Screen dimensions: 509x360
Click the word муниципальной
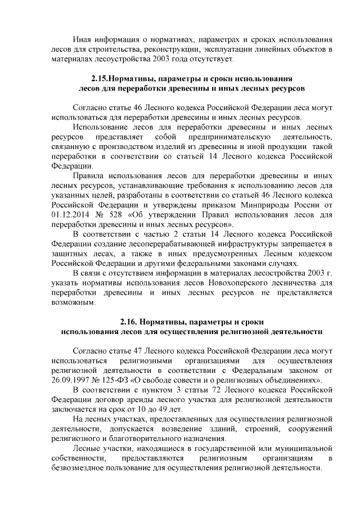(304, 448)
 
